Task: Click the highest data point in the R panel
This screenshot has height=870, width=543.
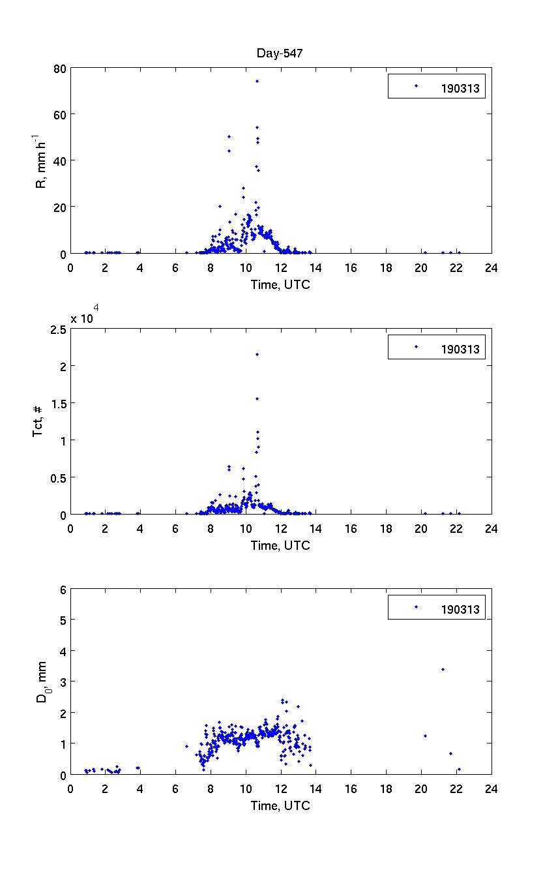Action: point(257,82)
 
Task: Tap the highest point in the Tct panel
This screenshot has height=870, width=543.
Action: point(257,354)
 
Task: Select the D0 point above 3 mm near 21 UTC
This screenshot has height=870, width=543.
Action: point(443,669)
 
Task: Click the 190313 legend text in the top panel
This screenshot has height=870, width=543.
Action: point(461,90)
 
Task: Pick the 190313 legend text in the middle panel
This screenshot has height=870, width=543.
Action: point(461,350)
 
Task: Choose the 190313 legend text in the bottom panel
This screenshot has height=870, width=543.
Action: point(461,610)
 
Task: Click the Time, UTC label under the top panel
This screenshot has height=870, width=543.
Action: point(280,285)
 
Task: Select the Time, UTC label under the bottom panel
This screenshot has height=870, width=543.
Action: point(280,806)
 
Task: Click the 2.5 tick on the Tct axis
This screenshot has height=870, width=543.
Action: point(57,329)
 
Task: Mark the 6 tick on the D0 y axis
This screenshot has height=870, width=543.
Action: point(63,588)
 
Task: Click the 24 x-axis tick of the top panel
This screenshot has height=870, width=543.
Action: point(492,267)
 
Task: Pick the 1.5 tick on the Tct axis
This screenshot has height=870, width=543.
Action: point(57,404)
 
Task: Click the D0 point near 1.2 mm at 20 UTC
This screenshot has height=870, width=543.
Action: point(425,736)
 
